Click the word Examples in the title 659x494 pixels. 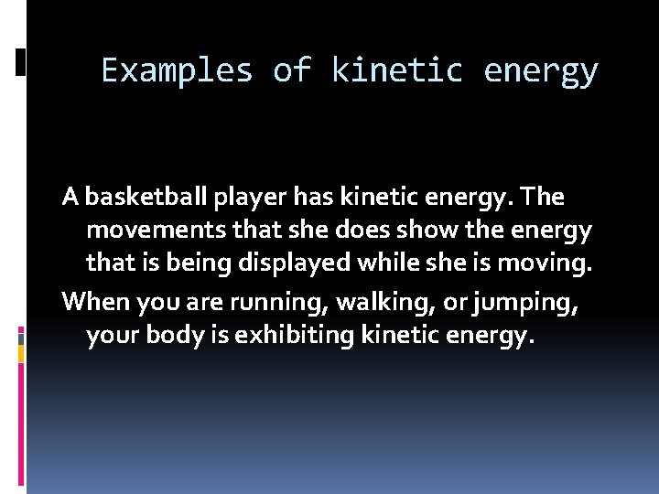point(177,70)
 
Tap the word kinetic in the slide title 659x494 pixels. point(395,70)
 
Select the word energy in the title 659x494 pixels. point(541,70)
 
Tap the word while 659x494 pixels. point(403,263)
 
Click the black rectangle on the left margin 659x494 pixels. point(21,62)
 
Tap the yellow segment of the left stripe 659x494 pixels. point(21,350)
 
